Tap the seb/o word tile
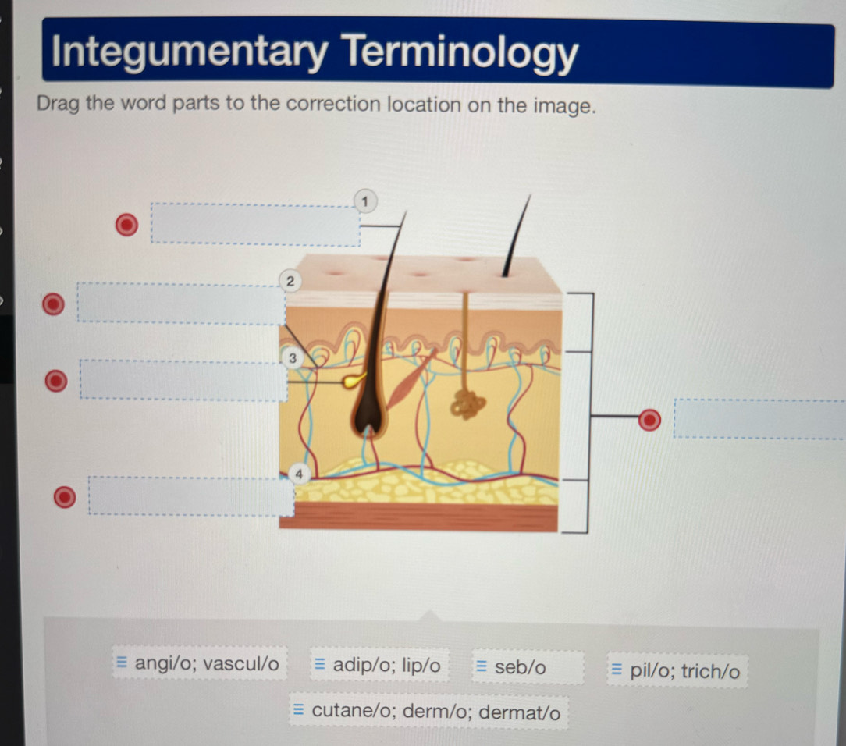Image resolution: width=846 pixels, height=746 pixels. click(x=520, y=667)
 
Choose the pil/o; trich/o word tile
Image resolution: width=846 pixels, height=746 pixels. click(x=677, y=670)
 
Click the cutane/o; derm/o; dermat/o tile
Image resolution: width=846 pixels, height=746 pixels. click(x=428, y=712)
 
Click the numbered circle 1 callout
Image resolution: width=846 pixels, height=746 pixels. click(x=363, y=201)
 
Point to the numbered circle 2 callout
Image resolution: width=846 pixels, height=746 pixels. click(x=290, y=280)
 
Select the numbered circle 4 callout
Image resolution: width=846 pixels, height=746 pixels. click(x=299, y=474)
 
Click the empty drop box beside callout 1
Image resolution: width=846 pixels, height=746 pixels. click(x=255, y=225)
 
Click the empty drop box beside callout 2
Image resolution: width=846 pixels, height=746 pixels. click(x=180, y=304)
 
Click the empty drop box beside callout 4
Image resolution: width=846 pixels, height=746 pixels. click(x=190, y=496)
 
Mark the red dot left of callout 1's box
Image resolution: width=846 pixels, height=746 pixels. click(x=125, y=225)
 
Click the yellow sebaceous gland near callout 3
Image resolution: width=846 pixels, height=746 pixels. click(x=355, y=380)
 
